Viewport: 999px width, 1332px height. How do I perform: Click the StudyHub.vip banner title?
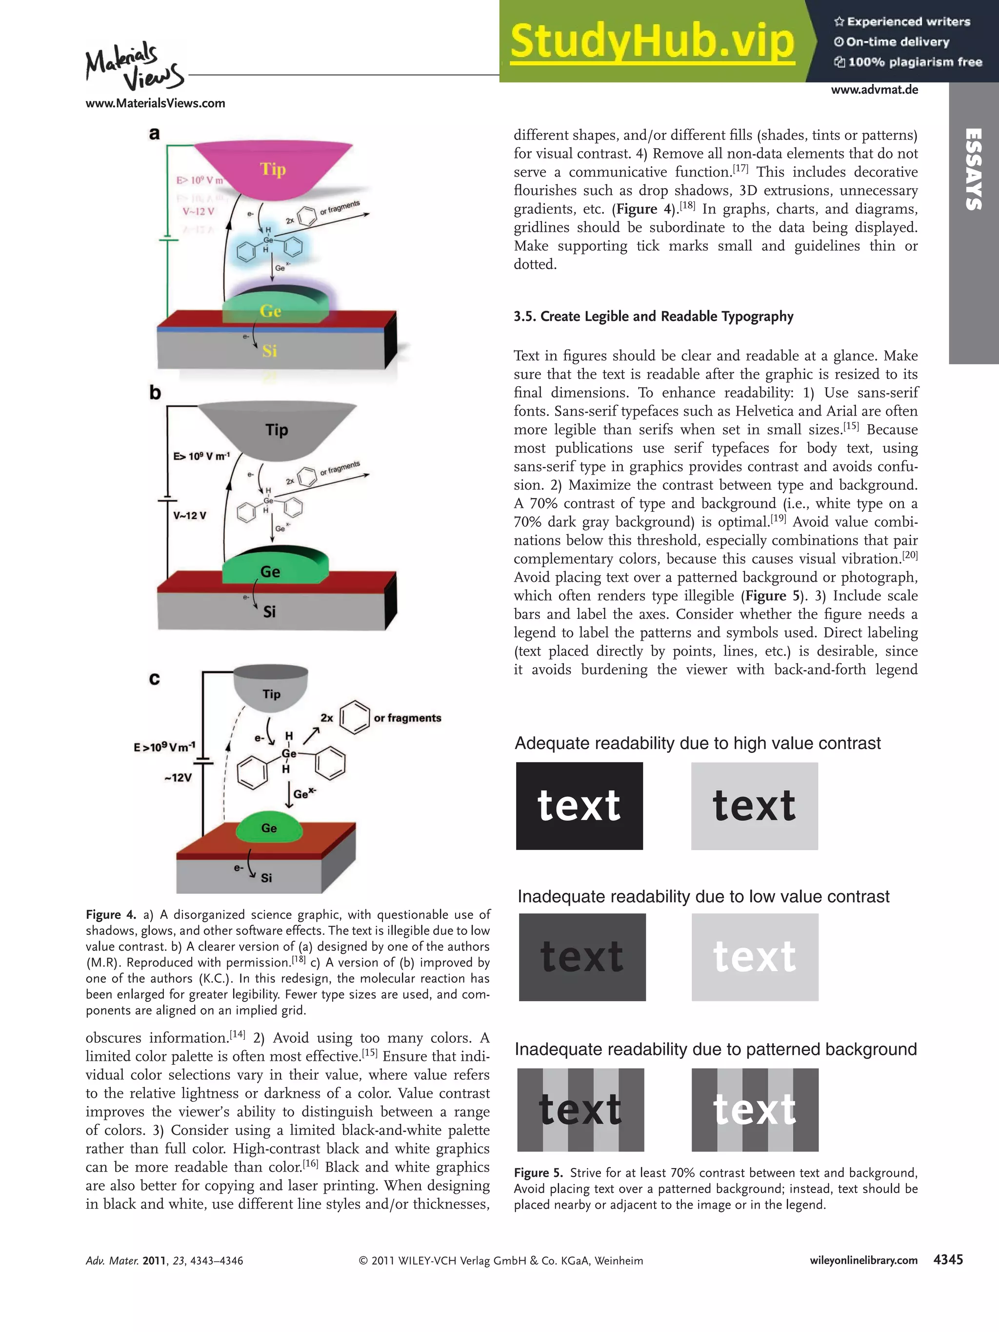[x=652, y=41]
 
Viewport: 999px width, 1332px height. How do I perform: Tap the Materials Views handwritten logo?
[x=134, y=66]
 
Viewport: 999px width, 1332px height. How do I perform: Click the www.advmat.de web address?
[x=874, y=90]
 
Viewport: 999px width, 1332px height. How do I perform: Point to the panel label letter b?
[x=155, y=393]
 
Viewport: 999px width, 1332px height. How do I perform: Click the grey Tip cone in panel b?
[x=277, y=430]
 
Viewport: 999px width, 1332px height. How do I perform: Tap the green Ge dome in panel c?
[x=269, y=828]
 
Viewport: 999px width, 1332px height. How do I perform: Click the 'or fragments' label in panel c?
[x=407, y=718]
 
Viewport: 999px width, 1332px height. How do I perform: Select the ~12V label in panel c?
[x=178, y=777]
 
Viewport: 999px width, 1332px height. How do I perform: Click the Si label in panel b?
[x=269, y=612]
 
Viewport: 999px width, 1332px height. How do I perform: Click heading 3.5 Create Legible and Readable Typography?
[x=653, y=317]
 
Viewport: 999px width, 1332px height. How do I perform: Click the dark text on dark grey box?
[x=582, y=957]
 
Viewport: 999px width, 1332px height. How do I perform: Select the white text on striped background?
[x=755, y=1109]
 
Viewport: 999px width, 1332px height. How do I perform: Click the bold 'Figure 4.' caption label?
[x=111, y=915]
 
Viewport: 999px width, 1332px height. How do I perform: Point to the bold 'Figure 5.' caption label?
[x=539, y=1173]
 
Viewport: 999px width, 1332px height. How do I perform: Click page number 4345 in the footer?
[x=948, y=1260]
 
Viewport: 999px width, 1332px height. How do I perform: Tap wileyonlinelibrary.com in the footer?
[x=863, y=1260]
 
